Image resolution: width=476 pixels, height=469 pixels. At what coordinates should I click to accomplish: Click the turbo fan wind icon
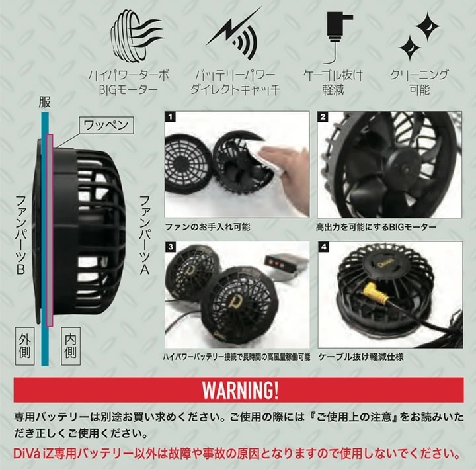click(x=135, y=36)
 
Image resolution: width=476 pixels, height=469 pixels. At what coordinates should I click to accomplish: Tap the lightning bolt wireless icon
click(x=233, y=33)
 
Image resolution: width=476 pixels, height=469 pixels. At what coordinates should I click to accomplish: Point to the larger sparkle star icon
click(x=428, y=26)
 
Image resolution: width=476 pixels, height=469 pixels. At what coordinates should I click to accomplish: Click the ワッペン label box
click(x=106, y=125)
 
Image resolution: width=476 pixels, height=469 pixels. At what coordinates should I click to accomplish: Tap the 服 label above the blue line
click(x=44, y=103)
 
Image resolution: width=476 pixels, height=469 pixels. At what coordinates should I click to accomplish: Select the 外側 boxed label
click(x=24, y=346)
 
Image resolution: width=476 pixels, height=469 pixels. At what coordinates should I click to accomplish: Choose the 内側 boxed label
click(x=71, y=346)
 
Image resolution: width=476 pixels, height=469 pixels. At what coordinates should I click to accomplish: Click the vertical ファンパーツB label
click(x=20, y=235)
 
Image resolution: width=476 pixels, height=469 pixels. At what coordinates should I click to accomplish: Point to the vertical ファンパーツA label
click(x=145, y=235)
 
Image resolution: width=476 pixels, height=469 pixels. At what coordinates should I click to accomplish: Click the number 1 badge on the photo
click(x=171, y=116)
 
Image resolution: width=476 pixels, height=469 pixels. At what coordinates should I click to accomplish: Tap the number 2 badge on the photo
click(x=323, y=117)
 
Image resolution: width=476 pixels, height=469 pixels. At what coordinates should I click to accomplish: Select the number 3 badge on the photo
click(x=171, y=247)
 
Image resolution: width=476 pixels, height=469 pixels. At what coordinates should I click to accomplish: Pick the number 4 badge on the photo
click(x=323, y=247)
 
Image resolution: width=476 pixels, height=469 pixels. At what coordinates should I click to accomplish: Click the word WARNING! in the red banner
click(x=240, y=390)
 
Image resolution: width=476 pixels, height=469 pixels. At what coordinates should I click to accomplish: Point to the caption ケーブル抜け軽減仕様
click(x=361, y=357)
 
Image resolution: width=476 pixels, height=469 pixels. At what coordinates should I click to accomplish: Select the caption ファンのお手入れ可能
click(x=208, y=227)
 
